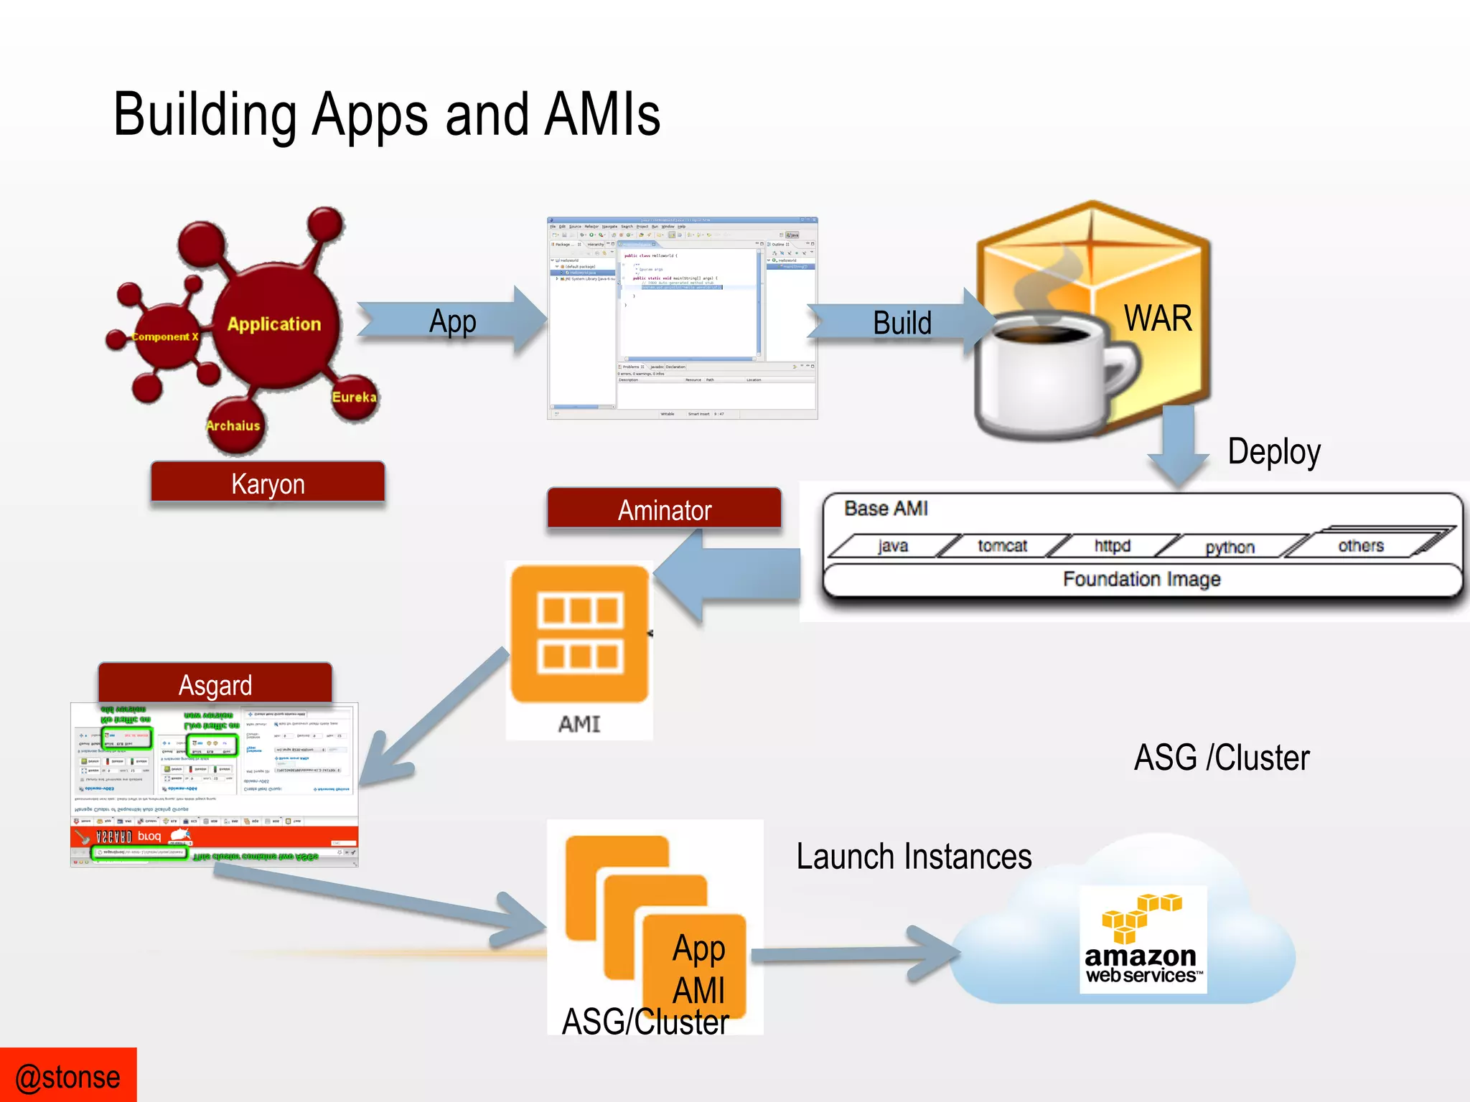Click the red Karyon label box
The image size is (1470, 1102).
coord(268,483)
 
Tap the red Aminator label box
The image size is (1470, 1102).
coord(664,509)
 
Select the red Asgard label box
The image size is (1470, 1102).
coord(215,684)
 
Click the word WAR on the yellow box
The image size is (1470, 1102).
coord(1157,318)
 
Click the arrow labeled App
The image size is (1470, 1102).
coord(452,321)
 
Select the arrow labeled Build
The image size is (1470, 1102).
coord(901,322)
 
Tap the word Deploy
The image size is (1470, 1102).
coord(1273,451)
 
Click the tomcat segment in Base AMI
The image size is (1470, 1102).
coord(1002,546)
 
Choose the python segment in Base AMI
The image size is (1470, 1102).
coord(1230,547)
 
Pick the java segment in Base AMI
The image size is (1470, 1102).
coord(892,546)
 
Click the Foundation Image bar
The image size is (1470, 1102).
coord(1141,579)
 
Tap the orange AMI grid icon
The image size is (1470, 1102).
coord(579,634)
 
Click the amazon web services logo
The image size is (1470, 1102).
coord(1142,940)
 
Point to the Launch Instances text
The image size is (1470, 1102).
coord(913,857)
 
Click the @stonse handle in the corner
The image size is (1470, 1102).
coord(67,1077)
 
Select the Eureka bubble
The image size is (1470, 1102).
coord(354,397)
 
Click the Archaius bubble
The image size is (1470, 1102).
coord(233,425)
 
